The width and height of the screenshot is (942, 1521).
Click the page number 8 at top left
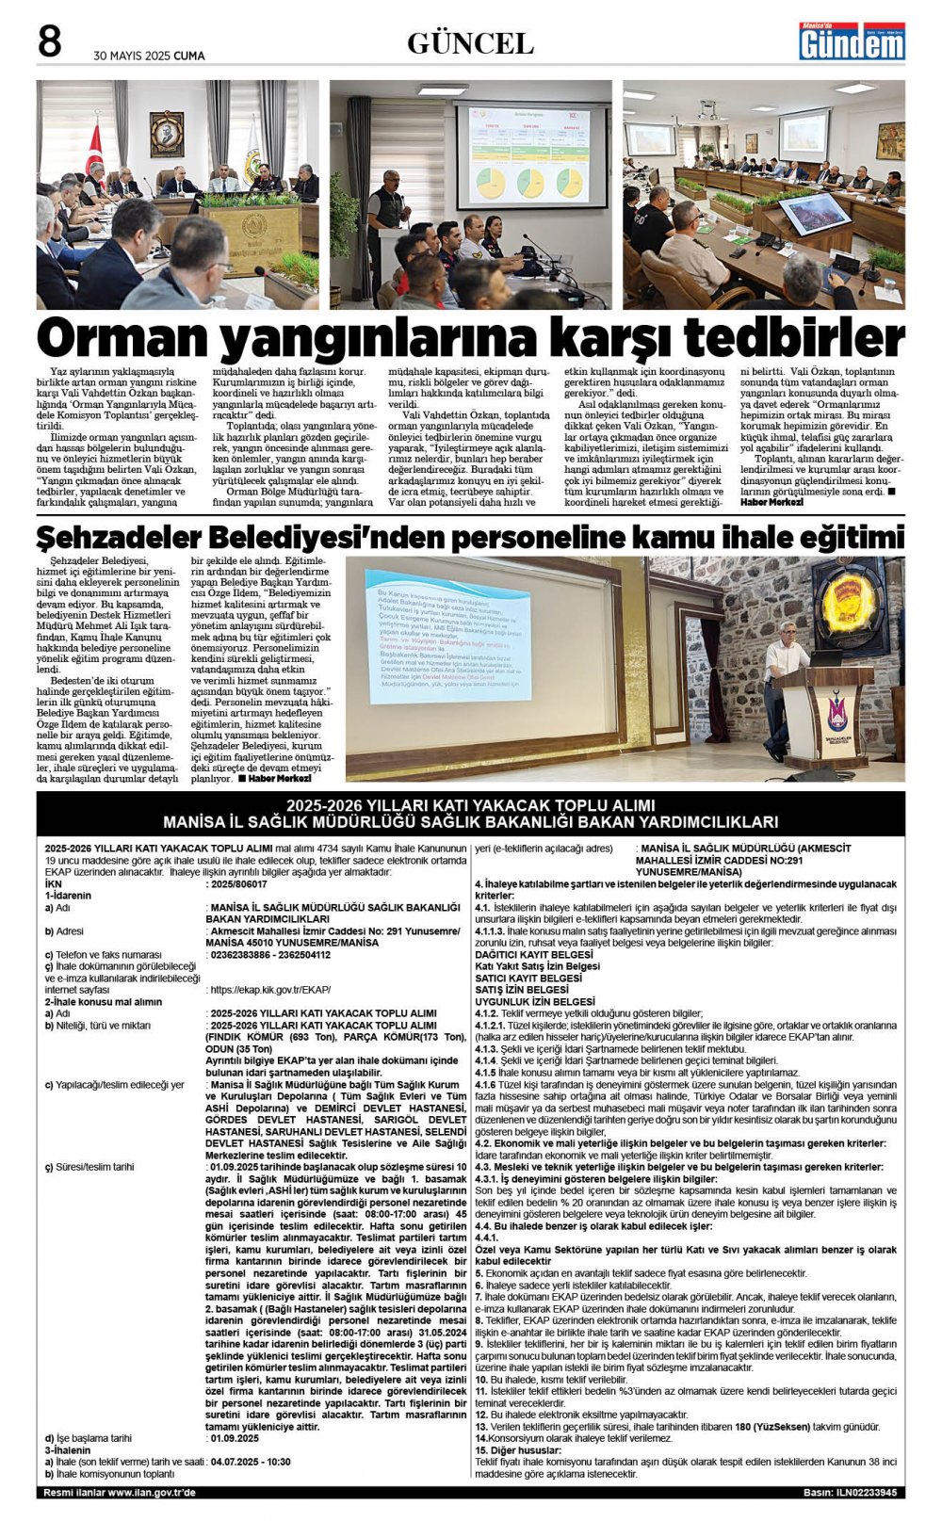[x=49, y=42]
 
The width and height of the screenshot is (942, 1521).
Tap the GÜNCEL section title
[x=470, y=43]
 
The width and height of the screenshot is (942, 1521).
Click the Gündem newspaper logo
[x=852, y=41]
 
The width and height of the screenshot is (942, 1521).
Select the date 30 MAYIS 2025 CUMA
[x=149, y=56]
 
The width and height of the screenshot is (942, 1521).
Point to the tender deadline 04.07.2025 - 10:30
[x=251, y=1462]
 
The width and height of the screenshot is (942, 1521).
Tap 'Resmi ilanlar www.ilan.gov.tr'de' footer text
[x=120, y=1493]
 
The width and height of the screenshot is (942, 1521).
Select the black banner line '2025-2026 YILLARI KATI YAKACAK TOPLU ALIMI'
[x=471, y=805]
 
